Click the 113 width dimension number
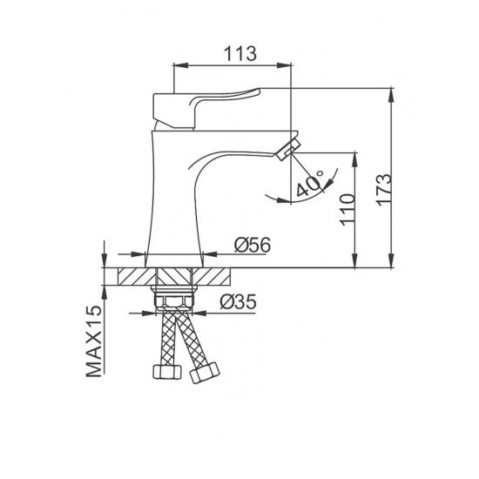(x=240, y=53)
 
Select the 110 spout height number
(x=348, y=210)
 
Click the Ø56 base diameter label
(x=253, y=245)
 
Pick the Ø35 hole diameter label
(x=238, y=302)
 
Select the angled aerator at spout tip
(x=287, y=149)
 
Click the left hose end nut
(x=167, y=372)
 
